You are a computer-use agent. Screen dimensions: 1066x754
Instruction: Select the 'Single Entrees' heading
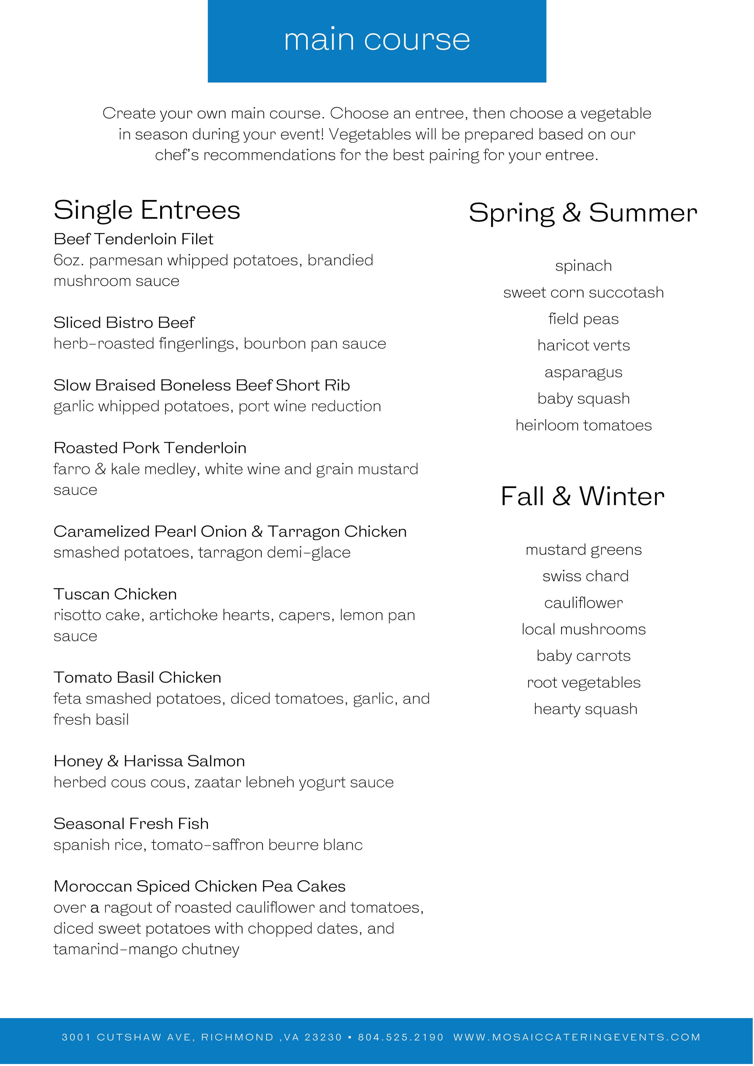pos(147,210)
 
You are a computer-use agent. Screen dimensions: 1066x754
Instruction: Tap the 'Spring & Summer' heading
pos(583,213)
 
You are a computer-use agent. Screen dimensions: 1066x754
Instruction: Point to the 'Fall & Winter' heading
pos(583,496)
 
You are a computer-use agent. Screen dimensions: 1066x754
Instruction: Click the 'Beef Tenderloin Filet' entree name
pos(133,239)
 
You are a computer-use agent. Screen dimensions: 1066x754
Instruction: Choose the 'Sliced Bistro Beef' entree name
pos(124,322)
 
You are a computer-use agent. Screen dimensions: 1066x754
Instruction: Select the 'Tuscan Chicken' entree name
pos(115,594)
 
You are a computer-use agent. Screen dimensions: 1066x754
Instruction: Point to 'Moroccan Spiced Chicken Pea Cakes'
pos(200,886)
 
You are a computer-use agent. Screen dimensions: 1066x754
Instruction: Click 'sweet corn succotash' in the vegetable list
pos(584,293)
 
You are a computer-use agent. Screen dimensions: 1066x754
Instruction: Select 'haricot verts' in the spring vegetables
pos(584,345)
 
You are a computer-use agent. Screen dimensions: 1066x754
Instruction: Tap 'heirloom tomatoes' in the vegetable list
pos(584,425)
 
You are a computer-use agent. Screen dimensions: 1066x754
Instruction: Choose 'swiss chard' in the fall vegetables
pos(585,576)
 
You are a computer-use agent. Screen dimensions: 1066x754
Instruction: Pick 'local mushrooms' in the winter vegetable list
pos(584,629)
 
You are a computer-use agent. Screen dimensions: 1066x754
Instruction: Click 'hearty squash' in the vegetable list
pos(585,709)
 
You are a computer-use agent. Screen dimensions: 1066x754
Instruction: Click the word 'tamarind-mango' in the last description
pos(116,949)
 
